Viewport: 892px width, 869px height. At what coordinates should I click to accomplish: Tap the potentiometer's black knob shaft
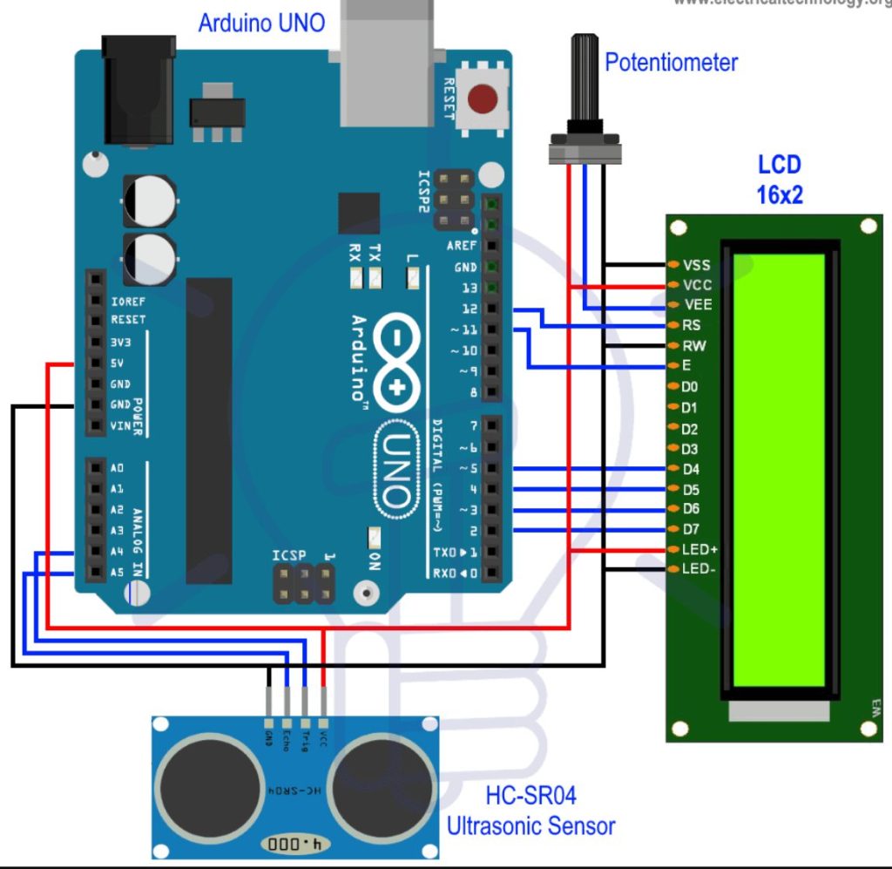[x=584, y=83]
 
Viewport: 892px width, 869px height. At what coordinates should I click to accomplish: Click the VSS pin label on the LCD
[x=697, y=265]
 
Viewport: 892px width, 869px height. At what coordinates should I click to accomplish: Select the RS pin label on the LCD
[x=692, y=325]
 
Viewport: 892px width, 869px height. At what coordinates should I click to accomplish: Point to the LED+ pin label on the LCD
[x=700, y=550]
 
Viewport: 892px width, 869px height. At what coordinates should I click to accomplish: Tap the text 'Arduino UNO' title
[x=261, y=23]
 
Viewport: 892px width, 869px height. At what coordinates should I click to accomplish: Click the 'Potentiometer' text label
[x=671, y=63]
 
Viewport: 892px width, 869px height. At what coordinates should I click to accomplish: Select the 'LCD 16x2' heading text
[x=780, y=180]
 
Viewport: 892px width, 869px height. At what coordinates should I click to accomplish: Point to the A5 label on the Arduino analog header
[x=118, y=573]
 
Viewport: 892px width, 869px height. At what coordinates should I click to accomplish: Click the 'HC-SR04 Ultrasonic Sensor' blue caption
[x=530, y=811]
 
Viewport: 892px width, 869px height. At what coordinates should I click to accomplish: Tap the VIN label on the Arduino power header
[x=120, y=426]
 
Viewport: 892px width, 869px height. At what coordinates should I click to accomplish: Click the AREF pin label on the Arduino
[x=462, y=246]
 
